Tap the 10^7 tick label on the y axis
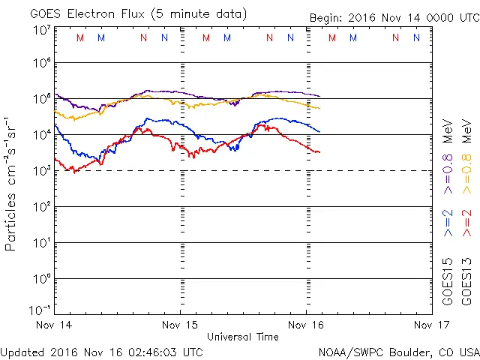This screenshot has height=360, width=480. pyautogui.click(x=41, y=30)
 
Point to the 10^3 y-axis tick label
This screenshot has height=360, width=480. pyautogui.click(x=41, y=170)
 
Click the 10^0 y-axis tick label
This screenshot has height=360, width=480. pyautogui.click(x=41, y=278)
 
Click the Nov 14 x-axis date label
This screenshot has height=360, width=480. pyautogui.click(x=55, y=325)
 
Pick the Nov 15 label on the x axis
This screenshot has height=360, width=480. pyautogui.click(x=181, y=325)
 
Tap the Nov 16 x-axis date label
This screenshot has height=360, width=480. pyautogui.click(x=307, y=325)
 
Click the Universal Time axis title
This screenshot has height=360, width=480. pyautogui.click(x=242, y=337)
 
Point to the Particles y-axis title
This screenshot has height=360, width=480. pyautogui.click(x=11, y=183)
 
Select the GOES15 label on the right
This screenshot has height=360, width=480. pyautogui.click(x=448, y=282)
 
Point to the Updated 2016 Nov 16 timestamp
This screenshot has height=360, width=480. pyautogui.click(x=101, y=352)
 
